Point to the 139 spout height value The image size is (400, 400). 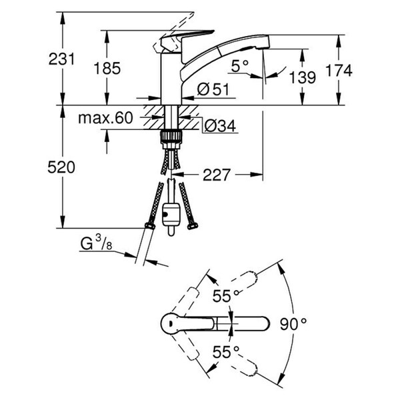click(303, 77)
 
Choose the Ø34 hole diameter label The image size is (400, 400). click(217, 124)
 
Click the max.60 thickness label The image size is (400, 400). click(106, 119)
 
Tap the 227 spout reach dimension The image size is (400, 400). click(216, 175)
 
